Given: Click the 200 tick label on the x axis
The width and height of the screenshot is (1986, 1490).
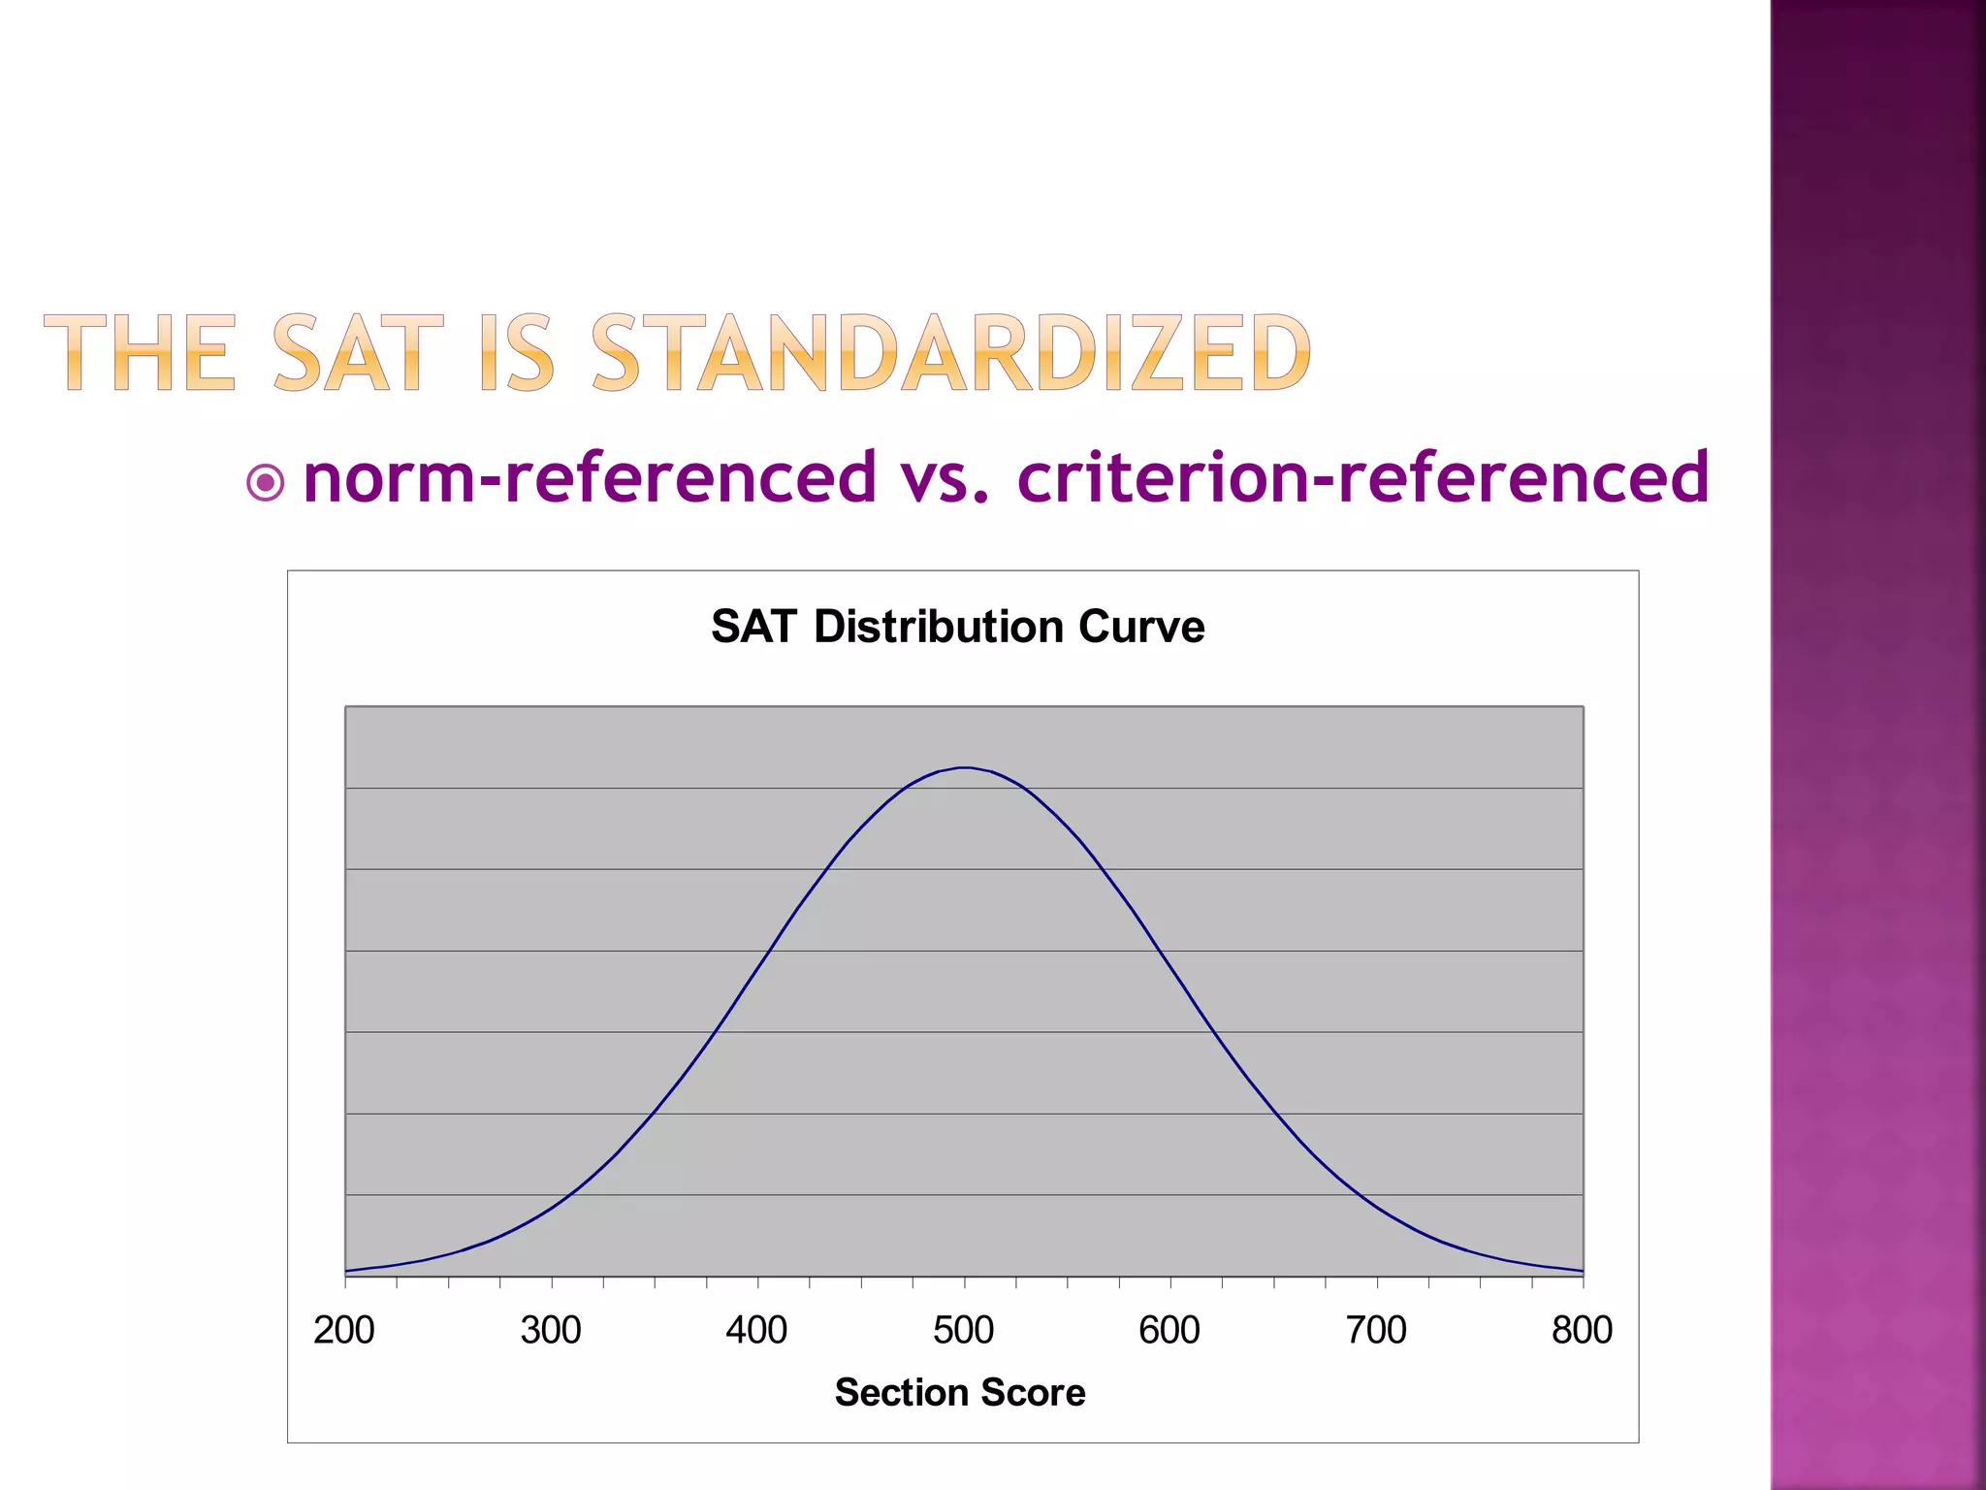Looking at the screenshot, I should [x=344, y=1330].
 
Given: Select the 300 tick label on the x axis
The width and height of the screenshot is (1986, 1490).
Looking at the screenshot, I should [x=551, y=1330].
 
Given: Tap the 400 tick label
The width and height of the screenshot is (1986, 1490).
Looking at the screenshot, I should [x=756, y=1330].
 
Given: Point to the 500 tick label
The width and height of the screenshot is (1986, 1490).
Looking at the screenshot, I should [x=964, y=1330].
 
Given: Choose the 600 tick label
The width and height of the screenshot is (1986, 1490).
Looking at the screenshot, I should [x=1169, y=1330].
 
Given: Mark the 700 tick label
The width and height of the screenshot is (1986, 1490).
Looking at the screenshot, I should [x=1376, y=1330].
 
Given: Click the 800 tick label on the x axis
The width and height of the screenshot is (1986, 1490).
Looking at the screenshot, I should [x=1582, y=1330].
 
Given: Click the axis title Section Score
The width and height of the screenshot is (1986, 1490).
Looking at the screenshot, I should [x=960, y=1392].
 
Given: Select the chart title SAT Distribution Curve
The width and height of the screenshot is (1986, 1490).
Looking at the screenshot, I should [x=958, y=627].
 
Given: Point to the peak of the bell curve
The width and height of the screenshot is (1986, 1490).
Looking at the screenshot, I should [x=965, y=767].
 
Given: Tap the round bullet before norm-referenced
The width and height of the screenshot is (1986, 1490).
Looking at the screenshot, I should [x=266, y=482].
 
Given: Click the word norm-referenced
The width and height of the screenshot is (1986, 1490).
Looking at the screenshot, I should [x=590, y=477].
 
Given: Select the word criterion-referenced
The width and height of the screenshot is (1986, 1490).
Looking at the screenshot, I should [x=1362, y=477].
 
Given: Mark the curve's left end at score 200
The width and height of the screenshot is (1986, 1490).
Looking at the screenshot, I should [x=346, y=1271].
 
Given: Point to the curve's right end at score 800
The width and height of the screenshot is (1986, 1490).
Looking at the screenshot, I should [x=1583, y=1271].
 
